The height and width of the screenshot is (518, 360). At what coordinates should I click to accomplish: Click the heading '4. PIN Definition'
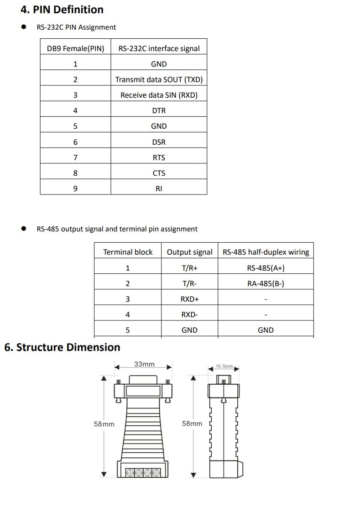[x=62, y=10]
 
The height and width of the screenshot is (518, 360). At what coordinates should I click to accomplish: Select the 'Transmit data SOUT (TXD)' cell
[x=159, y=79]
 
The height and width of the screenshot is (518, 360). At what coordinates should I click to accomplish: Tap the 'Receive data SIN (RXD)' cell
[x=159, y=95]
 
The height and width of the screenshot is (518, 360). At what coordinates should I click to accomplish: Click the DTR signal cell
[x=159, y=110]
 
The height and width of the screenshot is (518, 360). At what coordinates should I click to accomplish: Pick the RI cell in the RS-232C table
[x=159, y=188]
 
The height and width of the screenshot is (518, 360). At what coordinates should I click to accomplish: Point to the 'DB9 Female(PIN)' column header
[x=75, y=48]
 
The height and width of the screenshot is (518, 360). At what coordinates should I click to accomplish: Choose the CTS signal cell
[x=159, y=173]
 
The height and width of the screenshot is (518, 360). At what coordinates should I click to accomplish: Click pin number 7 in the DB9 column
[x=75, y=157]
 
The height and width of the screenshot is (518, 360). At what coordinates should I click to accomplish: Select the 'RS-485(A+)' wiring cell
[x=266, y=268]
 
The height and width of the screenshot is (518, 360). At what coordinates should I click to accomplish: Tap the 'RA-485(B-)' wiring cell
[x=266, y=283]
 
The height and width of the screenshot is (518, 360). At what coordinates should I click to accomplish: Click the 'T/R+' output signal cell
[x=189, y=268]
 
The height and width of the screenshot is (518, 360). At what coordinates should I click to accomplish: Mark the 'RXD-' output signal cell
[x=189, y=314]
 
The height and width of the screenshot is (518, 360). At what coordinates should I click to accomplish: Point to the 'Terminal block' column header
[x=128, y=252]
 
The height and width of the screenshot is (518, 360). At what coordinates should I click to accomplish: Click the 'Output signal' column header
[x=189, y=252]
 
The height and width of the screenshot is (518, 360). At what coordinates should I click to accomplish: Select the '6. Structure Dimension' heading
[x=62, y=347]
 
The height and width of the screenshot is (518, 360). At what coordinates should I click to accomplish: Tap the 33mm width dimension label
[x=144, y=364]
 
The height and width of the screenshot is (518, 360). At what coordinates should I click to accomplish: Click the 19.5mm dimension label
[x=224, y=366]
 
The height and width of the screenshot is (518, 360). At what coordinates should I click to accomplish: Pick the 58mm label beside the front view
[x=104, y=424]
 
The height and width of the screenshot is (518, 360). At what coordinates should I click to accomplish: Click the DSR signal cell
[x=159, y=142]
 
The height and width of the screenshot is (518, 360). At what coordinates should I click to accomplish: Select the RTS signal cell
[x=159, y=157]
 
